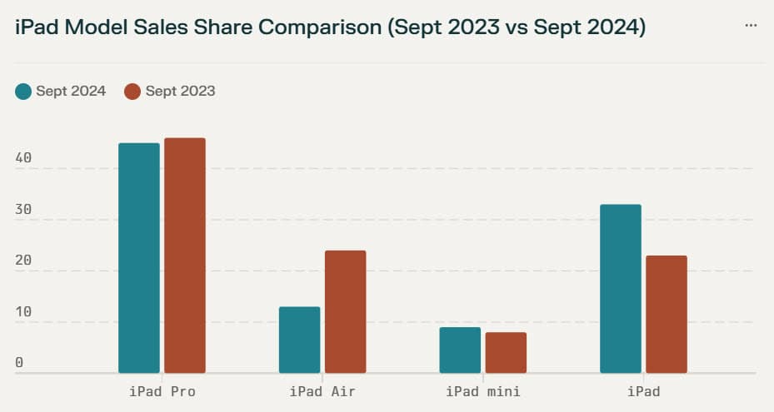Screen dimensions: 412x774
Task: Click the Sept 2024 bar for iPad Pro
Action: pos(139,258)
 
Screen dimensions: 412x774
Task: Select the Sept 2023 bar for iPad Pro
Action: pos(185,256)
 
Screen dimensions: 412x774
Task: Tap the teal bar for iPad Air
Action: pos(299,340)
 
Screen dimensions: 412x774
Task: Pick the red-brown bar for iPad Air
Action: pos(345,311)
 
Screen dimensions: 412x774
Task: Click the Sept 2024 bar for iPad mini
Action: pos(460,350)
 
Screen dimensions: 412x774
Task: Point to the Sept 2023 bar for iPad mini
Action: pos(506,352)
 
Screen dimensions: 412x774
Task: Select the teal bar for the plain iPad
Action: pos(621,289)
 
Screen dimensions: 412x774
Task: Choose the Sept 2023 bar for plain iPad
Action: pos(667,314)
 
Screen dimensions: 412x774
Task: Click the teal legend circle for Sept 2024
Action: pos(23,92)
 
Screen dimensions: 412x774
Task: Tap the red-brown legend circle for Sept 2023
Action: pos(132,92)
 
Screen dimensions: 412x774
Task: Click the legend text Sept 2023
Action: pos(180,92)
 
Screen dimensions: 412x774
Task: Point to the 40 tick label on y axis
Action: pos(23,158)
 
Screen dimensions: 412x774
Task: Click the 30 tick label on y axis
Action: pos(23,210)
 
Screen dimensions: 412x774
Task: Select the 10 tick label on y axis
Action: pos(23,312)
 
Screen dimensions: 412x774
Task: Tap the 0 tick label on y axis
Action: pos(19,363)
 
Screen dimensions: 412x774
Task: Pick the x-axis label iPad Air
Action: pos(322,391)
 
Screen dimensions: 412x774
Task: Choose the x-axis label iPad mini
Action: pos(483,391)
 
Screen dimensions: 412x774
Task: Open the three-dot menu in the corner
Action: pos(751,26)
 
